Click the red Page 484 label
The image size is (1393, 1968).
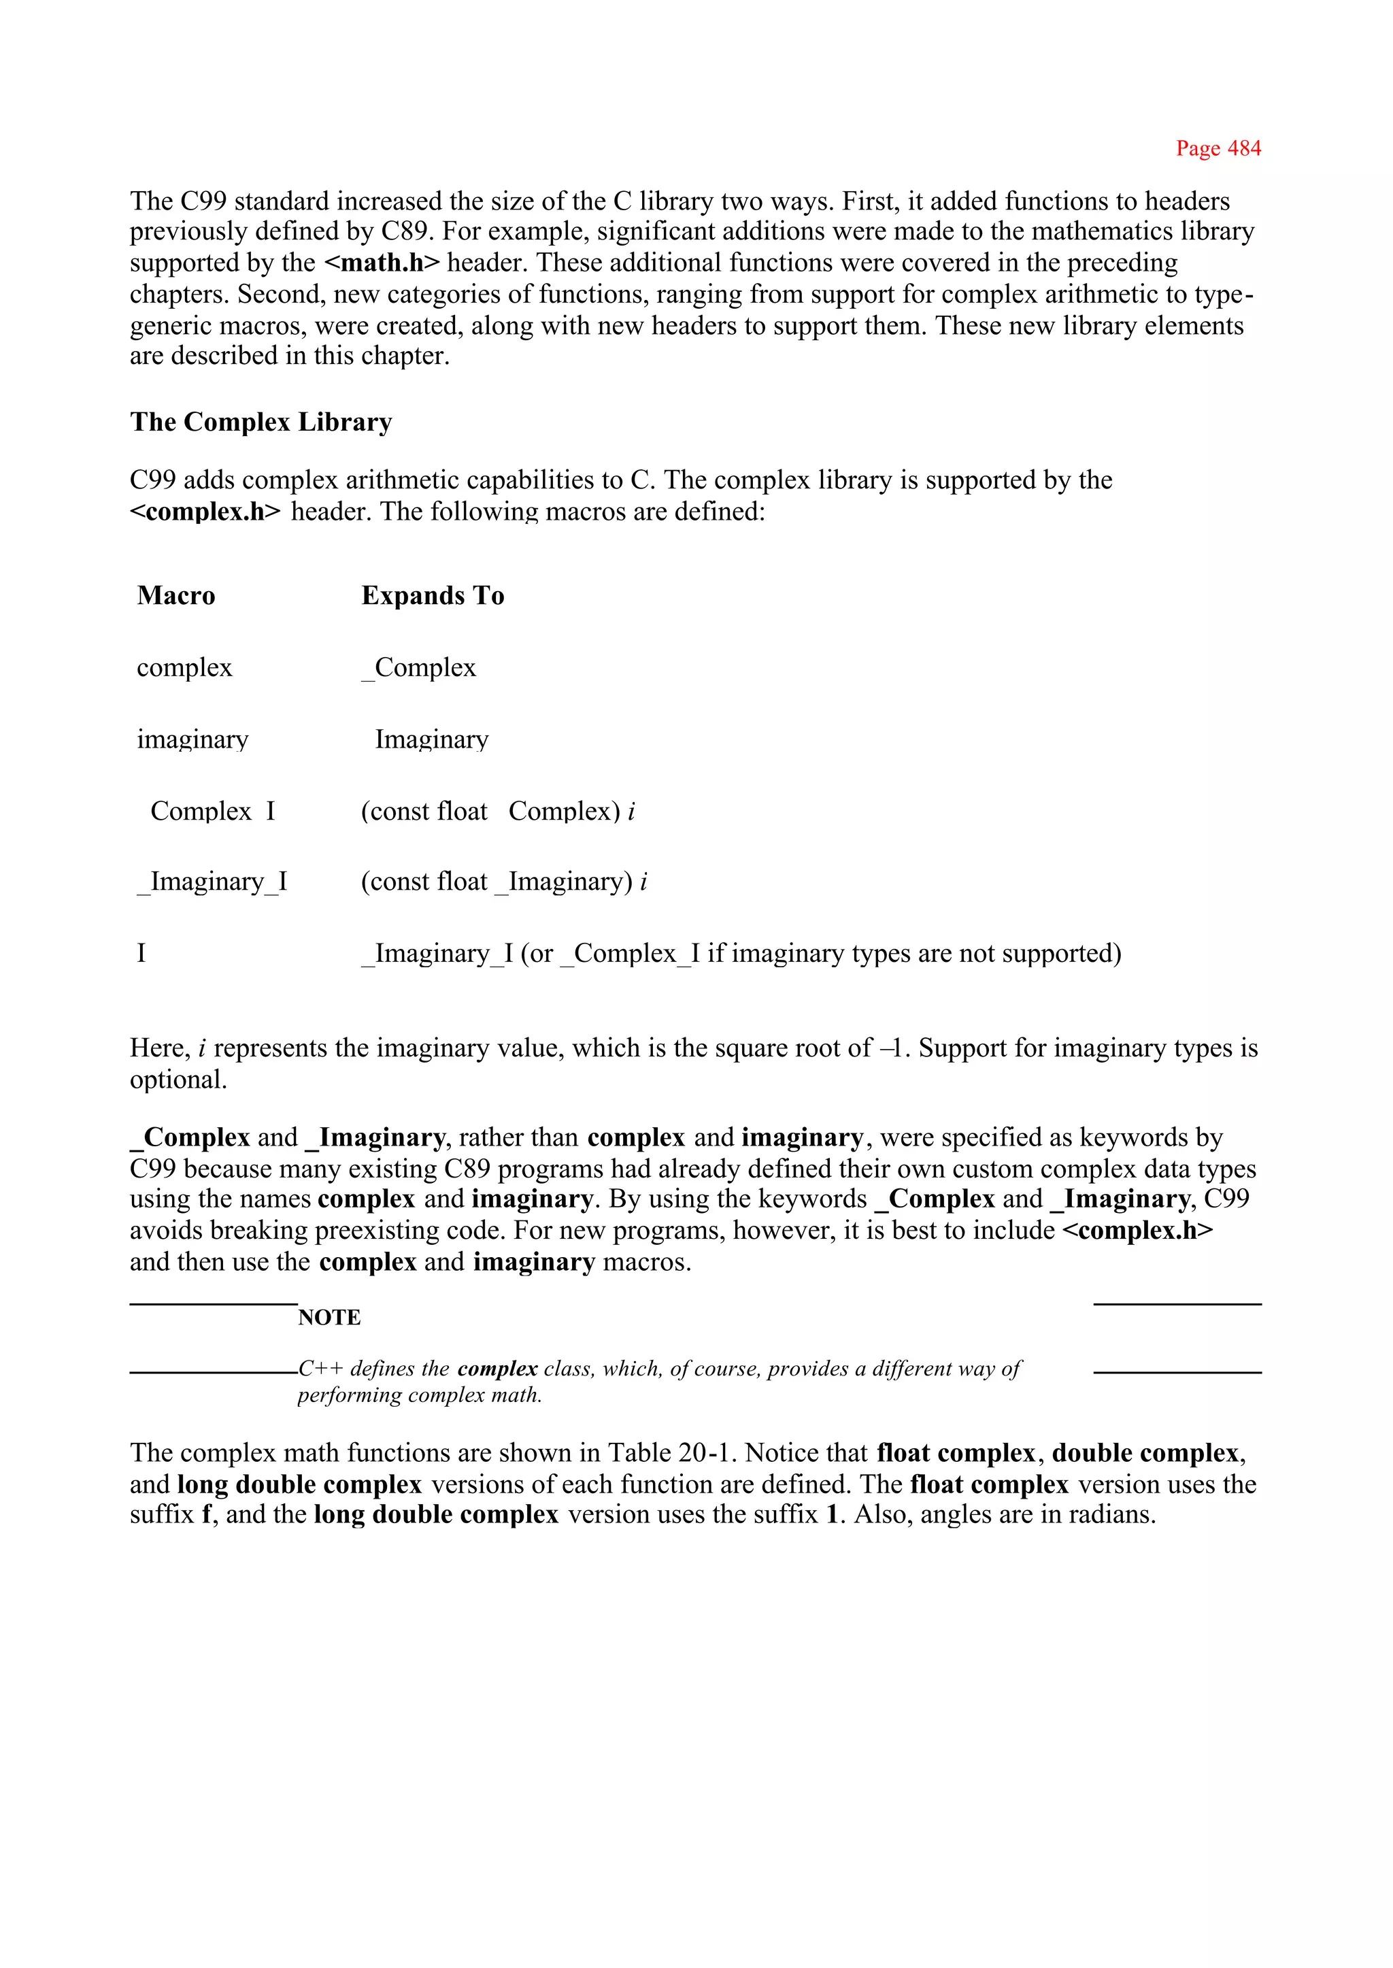(1218, 148)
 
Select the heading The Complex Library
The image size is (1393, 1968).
(261, 422)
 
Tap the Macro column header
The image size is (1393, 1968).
(176, 595)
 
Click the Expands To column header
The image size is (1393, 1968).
(433, 595)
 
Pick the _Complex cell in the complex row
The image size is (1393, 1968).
(418, 667)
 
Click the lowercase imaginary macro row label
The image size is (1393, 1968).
(192, 739)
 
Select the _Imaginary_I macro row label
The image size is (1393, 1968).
(212, 882)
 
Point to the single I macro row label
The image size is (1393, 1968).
(141, 953)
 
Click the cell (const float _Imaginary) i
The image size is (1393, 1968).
(503, 882)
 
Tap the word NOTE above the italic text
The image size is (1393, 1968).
(329, 1317)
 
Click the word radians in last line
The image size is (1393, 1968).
(1111, 1514)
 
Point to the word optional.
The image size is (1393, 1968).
(178, 1079)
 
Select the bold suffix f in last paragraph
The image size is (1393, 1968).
(207, 1514)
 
